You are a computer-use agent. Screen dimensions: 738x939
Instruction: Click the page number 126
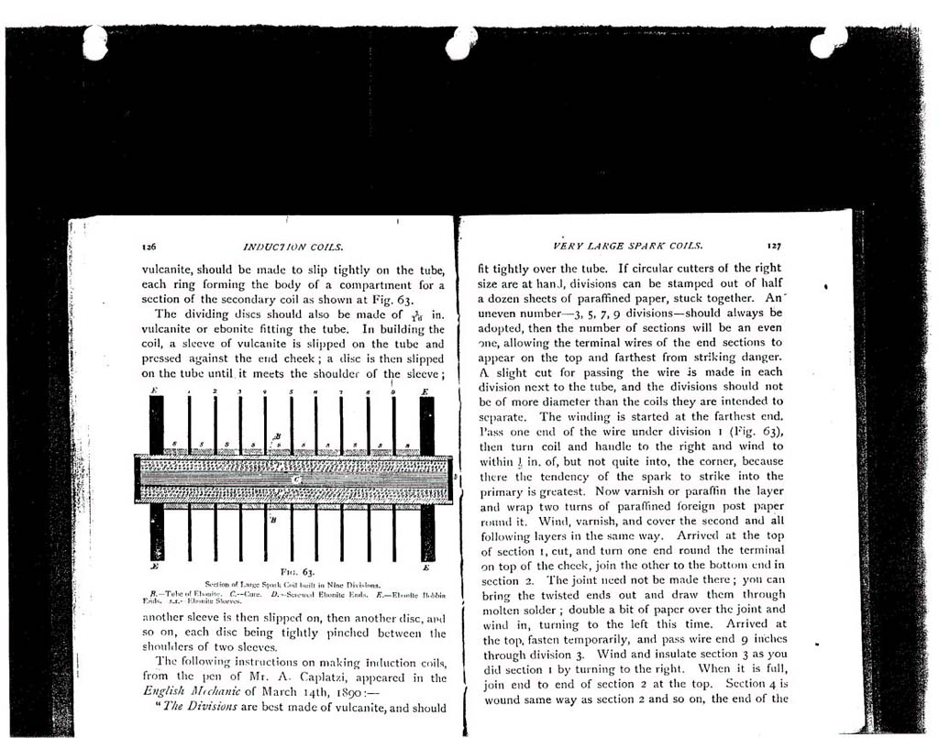coord(149,248)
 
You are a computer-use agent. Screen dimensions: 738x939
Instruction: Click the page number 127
coord(775,246)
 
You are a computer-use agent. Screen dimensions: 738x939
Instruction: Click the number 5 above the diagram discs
coord(292,391)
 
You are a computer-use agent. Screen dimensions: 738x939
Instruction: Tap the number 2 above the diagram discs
coord(215,391)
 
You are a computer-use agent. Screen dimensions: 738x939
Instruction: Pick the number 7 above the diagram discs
coord(342,391)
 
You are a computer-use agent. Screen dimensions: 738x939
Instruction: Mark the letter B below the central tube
coord(274,520)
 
